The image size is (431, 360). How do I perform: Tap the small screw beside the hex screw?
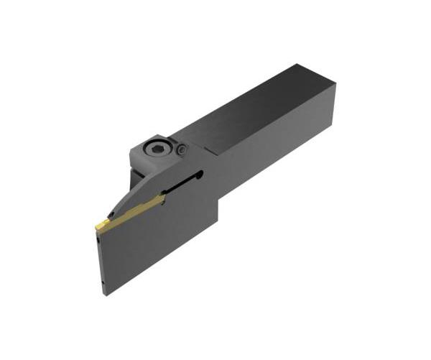pos(182,149)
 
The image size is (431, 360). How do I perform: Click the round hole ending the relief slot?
pos(201,173)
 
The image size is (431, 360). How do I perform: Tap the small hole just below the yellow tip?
pos(98,242)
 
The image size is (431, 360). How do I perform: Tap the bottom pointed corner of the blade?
pos(108,295)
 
